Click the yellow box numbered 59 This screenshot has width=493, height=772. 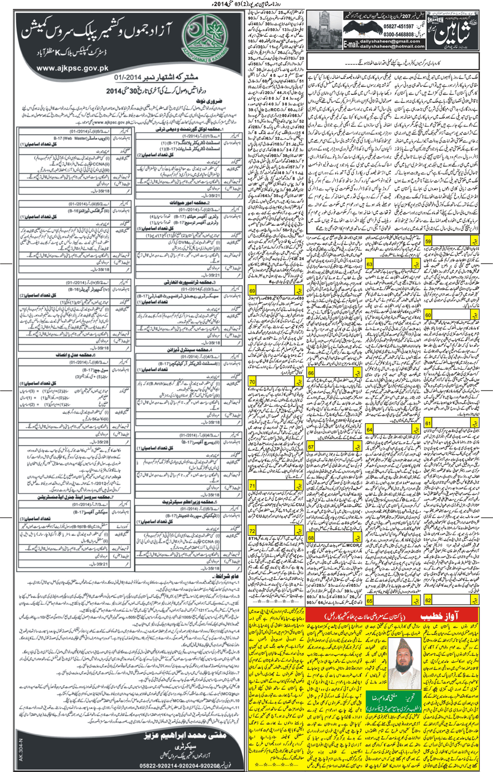428,241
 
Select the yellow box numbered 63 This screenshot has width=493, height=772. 369,264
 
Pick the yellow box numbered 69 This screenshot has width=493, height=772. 252,290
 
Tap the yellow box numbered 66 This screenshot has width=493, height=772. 310,373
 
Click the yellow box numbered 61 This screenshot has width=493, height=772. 428,423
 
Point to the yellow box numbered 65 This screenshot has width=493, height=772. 369,601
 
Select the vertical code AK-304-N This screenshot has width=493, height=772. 21,750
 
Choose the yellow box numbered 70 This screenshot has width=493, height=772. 252,381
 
